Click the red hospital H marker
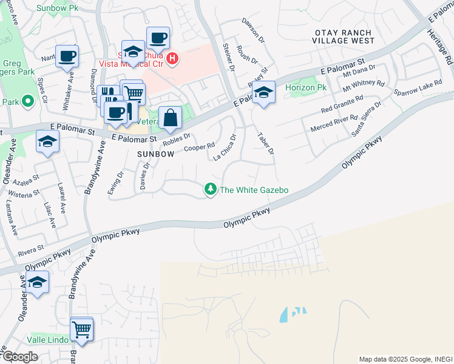tap(172, 59)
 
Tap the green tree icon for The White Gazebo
tap(211, 190)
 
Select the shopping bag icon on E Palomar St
tap(170, 118)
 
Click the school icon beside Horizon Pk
tap(263, 93)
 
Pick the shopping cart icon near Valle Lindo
tap(81, 329)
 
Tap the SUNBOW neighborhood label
tap(155, 154)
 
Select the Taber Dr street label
tap(266, 143)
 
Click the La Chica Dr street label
tap(225, 147)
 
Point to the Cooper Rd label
tap(199, 147)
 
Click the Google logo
tap(20, 357)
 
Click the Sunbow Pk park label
tap(57, 8)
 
